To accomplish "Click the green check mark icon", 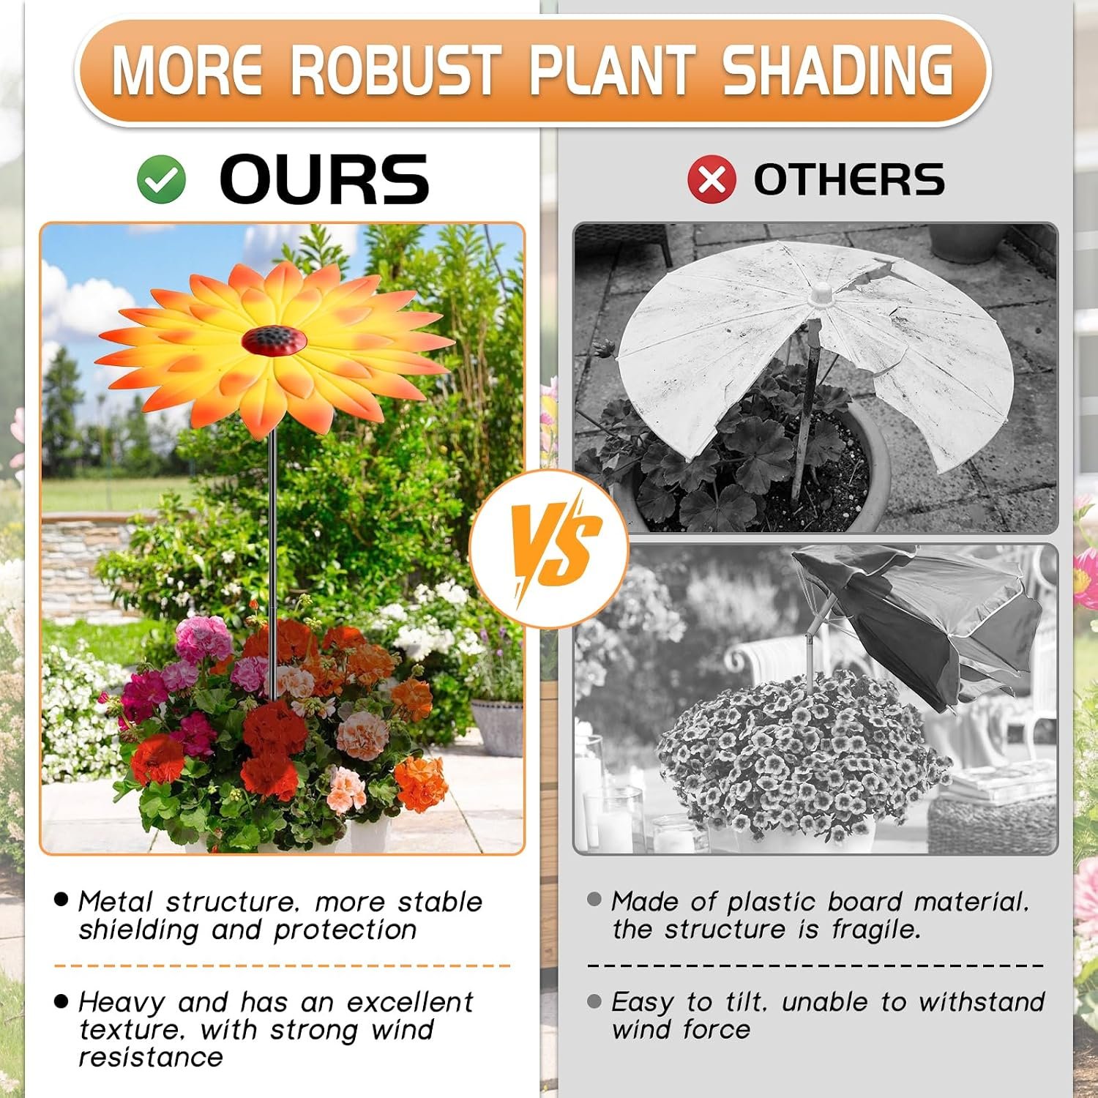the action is [x=162, y=179].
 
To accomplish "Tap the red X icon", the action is [x=712, y=179].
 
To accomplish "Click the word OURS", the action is [x=324, y=179].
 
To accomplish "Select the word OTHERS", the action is [x=849, y=179].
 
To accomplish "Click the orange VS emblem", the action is [x=549, y=549].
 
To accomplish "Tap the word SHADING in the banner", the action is [x=838, y=71].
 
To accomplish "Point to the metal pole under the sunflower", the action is [x=273, y=564].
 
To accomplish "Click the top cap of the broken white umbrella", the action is [x=822, y=293].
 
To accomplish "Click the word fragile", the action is [x=876, y=930].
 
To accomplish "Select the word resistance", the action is [x=151, y=1058].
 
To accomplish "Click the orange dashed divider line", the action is [x=283, y=966].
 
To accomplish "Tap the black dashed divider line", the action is [x=815, y=966].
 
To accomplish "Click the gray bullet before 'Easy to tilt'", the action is [x=594, y=1001].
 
